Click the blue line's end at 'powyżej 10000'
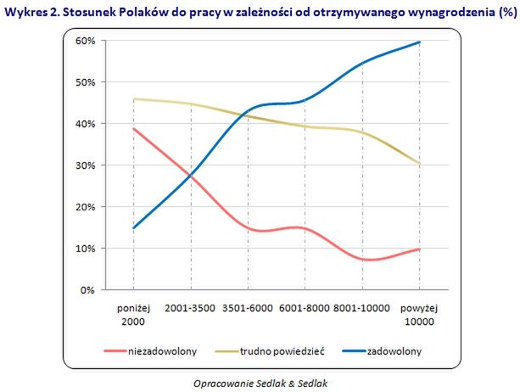point(420,42)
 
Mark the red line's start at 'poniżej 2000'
point(134,129)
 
